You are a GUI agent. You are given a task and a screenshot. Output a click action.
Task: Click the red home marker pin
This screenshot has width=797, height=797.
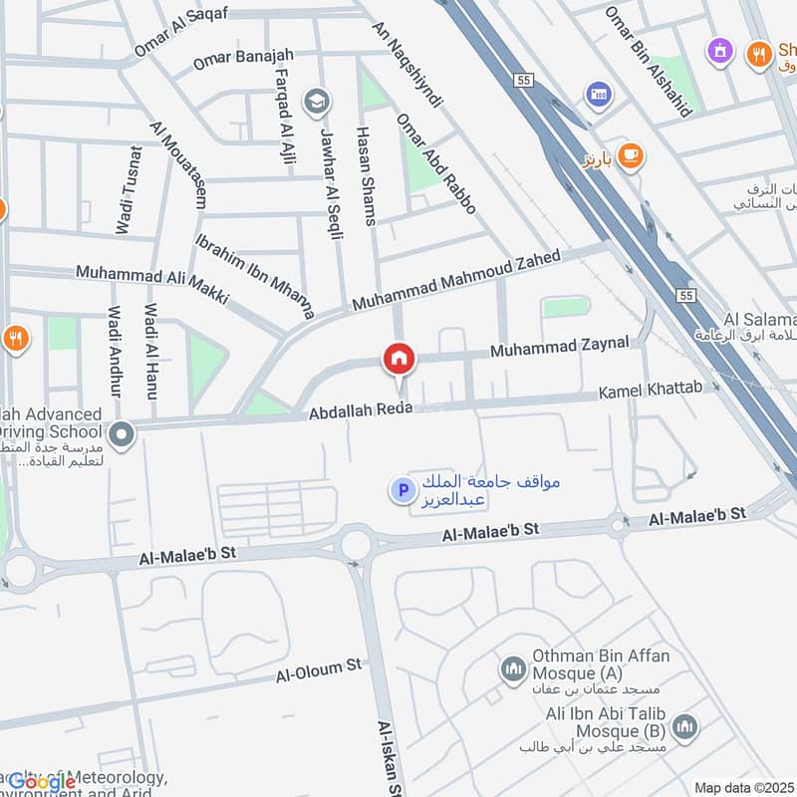[x=399, y=359]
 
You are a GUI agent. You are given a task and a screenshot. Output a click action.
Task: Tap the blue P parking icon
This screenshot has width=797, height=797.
[x=402, y=490]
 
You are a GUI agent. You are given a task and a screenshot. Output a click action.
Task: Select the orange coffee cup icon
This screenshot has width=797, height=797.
[x=630, y=155]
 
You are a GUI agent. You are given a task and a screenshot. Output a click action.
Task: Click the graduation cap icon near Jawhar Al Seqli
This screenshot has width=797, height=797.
[x=316, y=100]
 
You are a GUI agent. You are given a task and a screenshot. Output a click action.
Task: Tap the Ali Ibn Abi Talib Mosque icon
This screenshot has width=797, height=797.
[x=683, y=727]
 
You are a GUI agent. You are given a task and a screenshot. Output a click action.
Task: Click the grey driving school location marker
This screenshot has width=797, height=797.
[x=123, y=434]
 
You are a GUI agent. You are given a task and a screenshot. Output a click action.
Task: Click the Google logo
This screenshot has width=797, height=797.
[x=42, y=782]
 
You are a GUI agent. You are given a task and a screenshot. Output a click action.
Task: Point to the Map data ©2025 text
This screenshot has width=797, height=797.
[x=742, y=787]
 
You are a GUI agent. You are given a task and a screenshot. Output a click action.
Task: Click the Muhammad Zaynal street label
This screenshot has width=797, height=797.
[x=559, y=347]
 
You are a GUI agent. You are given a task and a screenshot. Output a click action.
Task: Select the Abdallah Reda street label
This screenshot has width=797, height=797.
[x=360, y=410]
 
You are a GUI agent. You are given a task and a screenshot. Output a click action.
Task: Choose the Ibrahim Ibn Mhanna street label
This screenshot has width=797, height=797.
[x=254, y=277]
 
